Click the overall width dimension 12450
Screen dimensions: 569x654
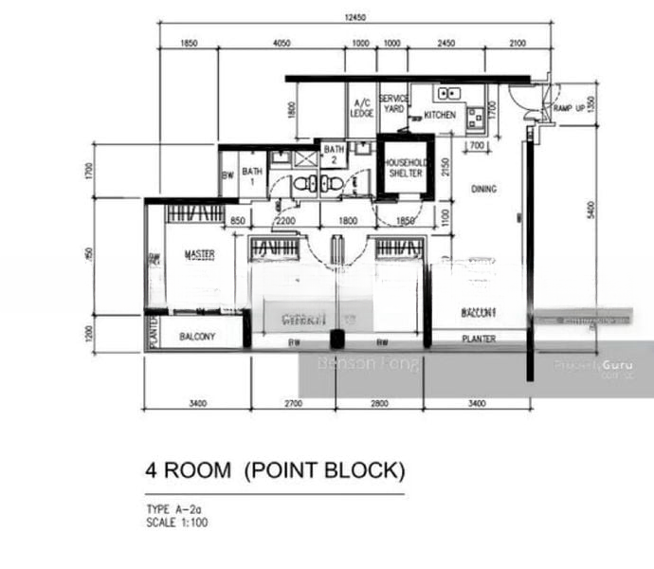coord(354,17)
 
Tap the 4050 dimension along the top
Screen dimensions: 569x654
coord(281,44)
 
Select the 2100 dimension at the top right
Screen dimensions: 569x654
coord(518,44)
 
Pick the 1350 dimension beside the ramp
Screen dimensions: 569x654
coord(592,104)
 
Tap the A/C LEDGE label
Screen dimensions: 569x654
coord(361,107)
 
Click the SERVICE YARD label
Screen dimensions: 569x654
coord(392,103)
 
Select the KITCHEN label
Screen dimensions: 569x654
coord(440,115)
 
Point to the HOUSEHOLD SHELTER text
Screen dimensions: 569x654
coord(406,167)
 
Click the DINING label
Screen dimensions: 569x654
coord(483,190)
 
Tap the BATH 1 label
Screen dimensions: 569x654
coord(251,175)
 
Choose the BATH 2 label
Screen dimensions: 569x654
coord(333,154)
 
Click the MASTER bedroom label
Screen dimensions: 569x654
coord(199,254)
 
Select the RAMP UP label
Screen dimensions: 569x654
coord(567,109)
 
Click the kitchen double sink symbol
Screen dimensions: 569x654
coord(448,93)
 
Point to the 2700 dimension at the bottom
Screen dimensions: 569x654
coord(294,404)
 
